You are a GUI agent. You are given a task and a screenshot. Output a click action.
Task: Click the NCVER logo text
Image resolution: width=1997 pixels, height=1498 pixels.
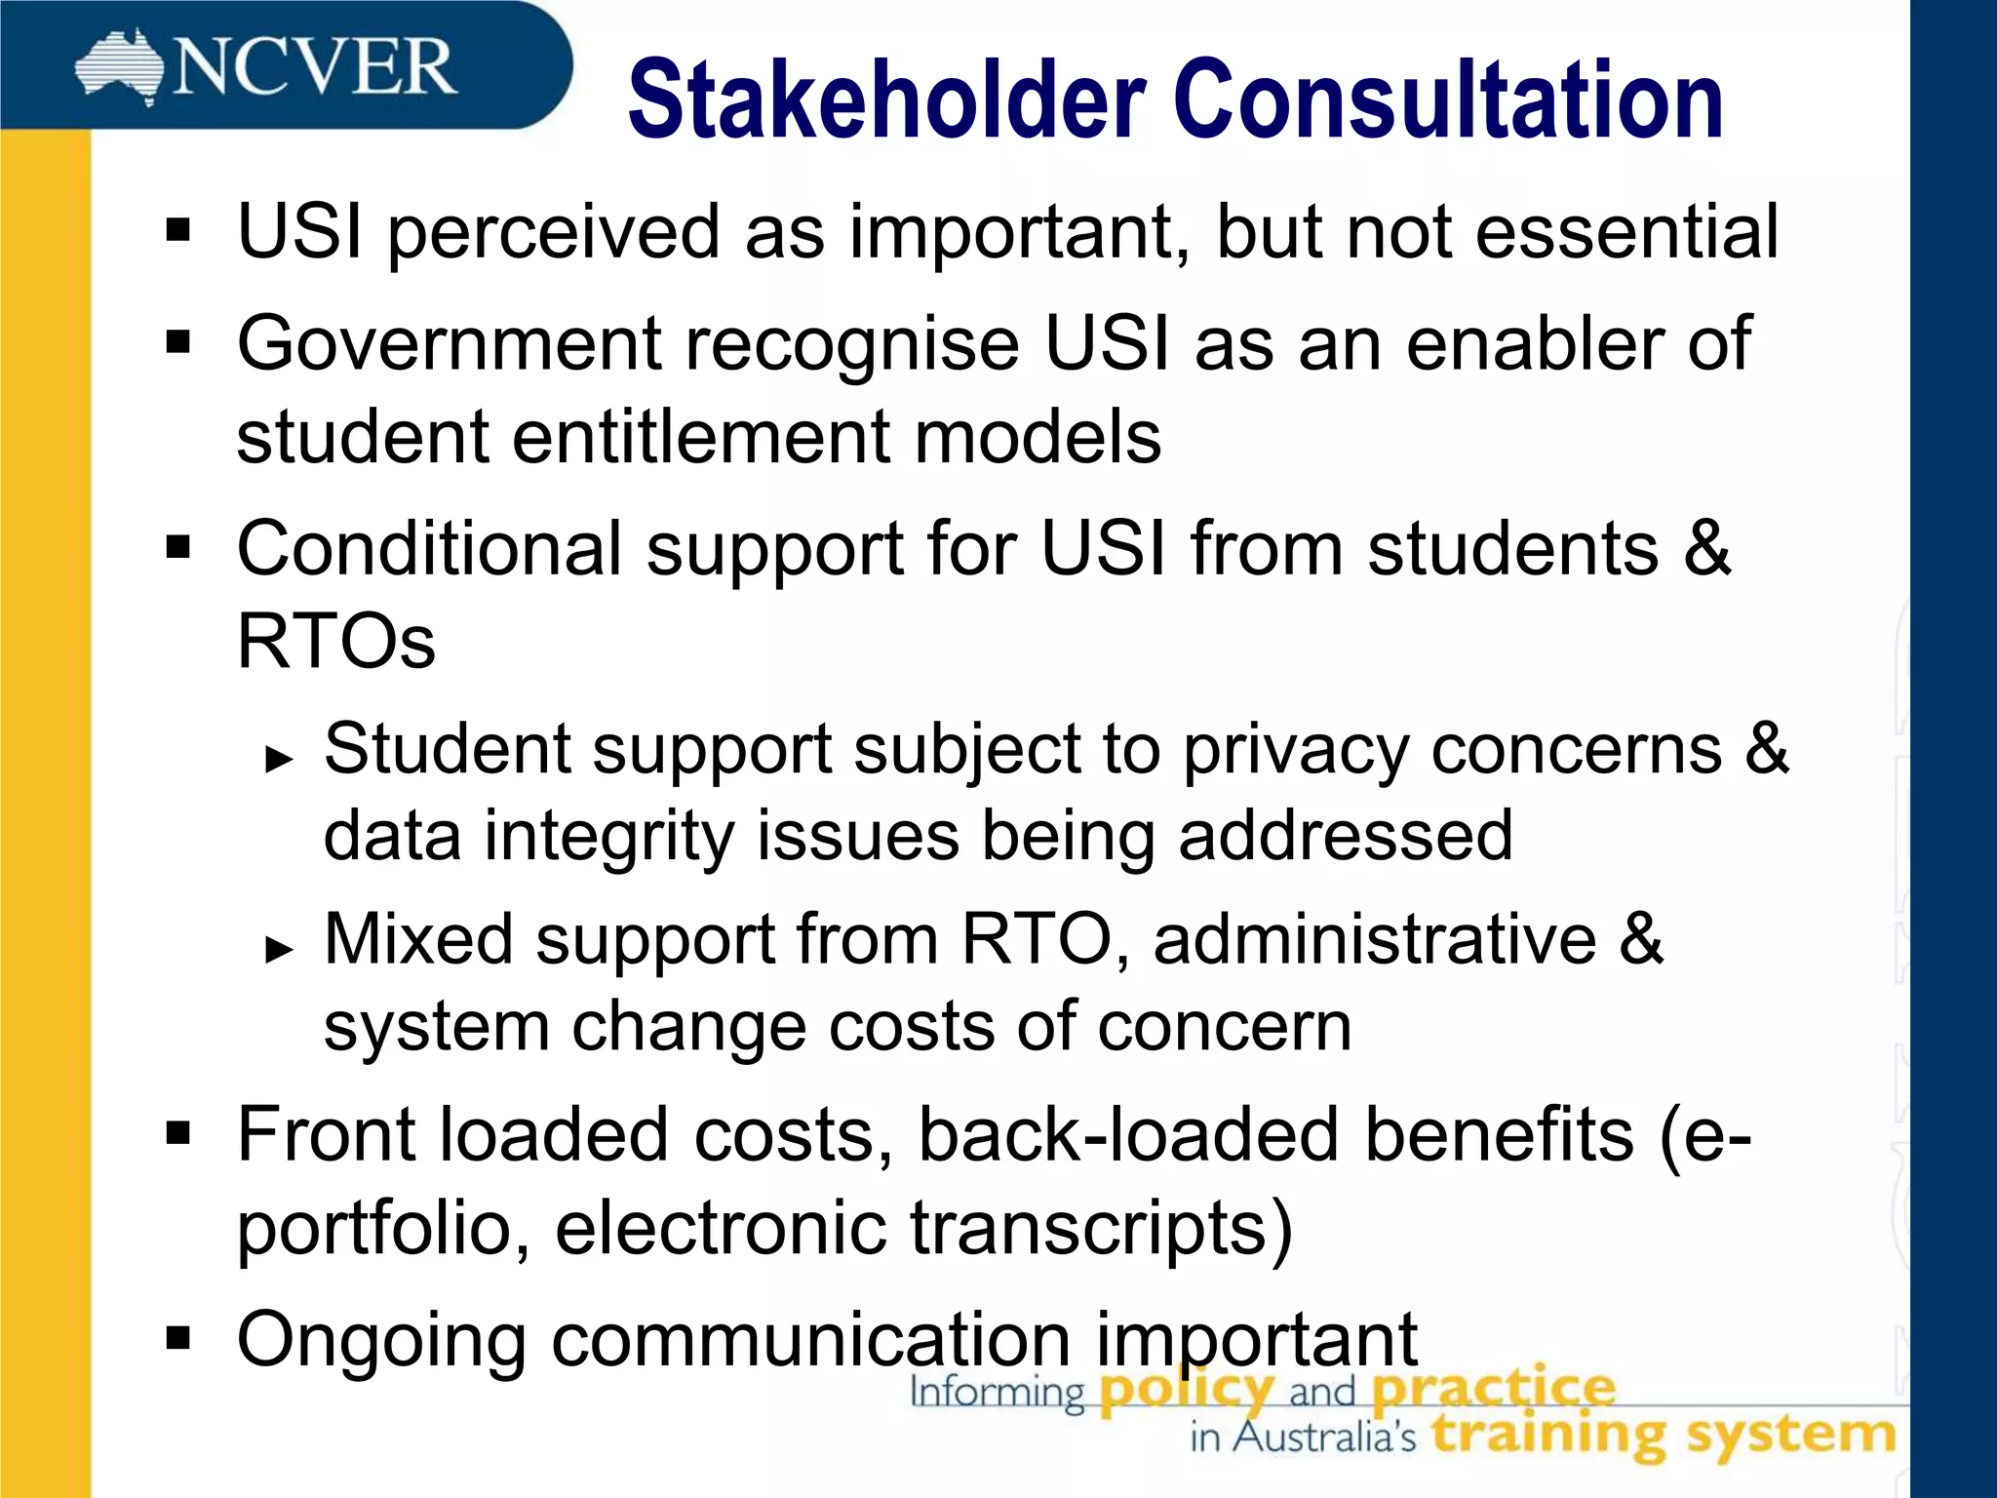tap(314, 68)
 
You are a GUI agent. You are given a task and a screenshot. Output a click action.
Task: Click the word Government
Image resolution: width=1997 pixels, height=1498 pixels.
tap(448, 344)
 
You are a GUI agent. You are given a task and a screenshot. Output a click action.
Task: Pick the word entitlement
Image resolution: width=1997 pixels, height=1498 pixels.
tap(700, 437)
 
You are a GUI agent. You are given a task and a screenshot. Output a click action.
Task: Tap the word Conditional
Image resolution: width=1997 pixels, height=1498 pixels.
tap(429, 549)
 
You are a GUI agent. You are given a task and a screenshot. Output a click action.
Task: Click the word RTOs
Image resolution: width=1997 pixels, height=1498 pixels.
tap(335, 642)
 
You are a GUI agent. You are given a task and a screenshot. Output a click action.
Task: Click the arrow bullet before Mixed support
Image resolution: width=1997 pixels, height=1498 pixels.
tap(279, 948)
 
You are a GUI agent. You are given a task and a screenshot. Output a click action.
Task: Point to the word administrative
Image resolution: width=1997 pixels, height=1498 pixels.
tap(1375, 939)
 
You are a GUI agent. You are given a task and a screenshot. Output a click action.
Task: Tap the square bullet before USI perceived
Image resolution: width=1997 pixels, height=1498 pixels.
tap(178, 232)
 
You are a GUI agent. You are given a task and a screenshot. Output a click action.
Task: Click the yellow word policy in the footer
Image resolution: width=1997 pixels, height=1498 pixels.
tap(1186, 1389)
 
